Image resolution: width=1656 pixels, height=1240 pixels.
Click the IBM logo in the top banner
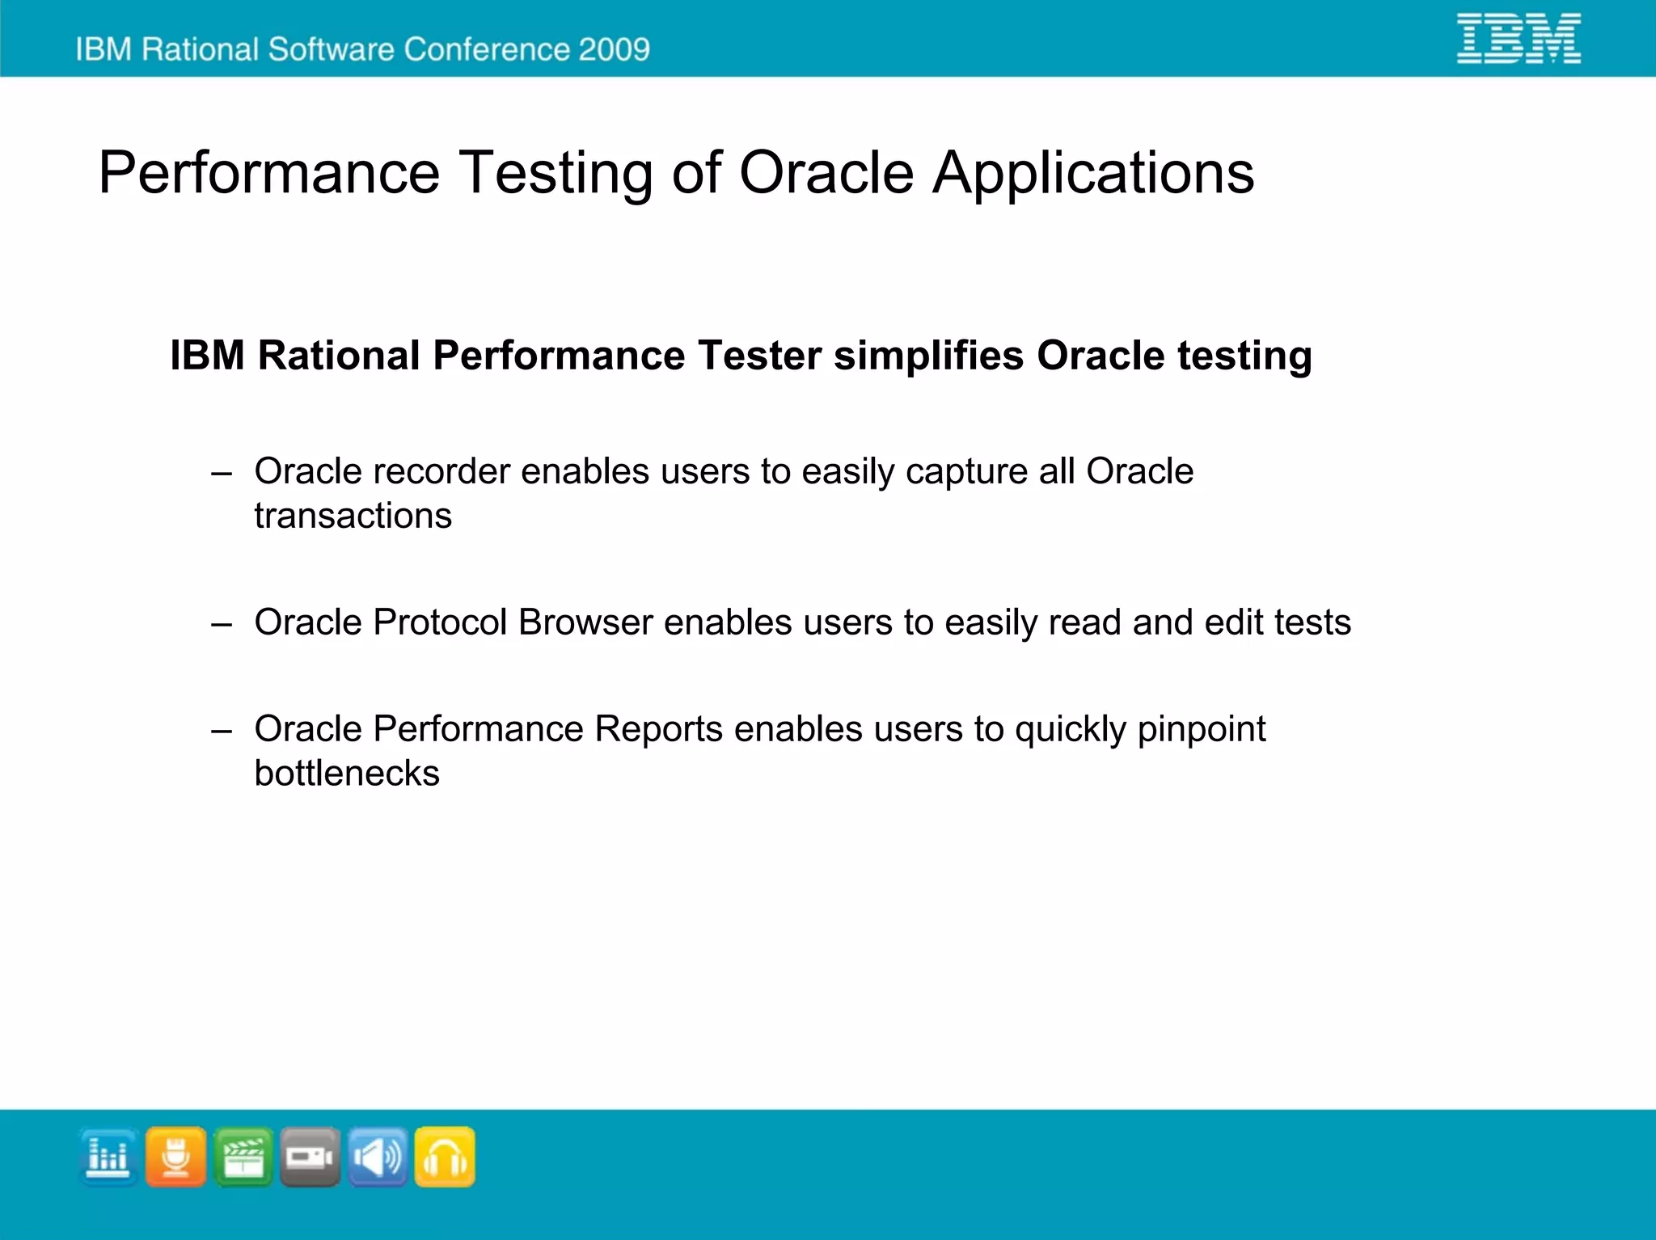click(x=1518, y=38)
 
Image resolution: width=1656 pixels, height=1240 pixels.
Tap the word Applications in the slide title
click(x=1093, y=173)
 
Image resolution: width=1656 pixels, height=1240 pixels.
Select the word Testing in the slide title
click(x=556, y=173)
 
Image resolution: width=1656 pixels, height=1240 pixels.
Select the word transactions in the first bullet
click(x=353, y=516)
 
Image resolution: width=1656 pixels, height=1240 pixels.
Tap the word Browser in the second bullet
click(x=585, y=622)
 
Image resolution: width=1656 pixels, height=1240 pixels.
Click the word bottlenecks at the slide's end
click(x=347, y=774)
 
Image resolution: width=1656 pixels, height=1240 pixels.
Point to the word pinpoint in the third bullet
click(x=1201, y=730)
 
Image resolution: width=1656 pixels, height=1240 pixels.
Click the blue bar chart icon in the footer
click(x=108, y=1157)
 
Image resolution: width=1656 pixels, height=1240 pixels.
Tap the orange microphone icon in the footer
click(x=175, y=1157)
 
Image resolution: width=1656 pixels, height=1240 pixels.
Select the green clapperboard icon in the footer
click(x=243, y=1157)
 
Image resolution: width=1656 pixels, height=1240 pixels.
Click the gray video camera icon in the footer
click(x=310, y=1157)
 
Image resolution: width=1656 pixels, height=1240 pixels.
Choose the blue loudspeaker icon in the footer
click(x=378, y=1157)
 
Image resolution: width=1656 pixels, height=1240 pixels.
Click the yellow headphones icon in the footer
click(x=445, y=1157)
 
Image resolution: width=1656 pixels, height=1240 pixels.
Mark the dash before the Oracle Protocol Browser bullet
click(x=222, y=624)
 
